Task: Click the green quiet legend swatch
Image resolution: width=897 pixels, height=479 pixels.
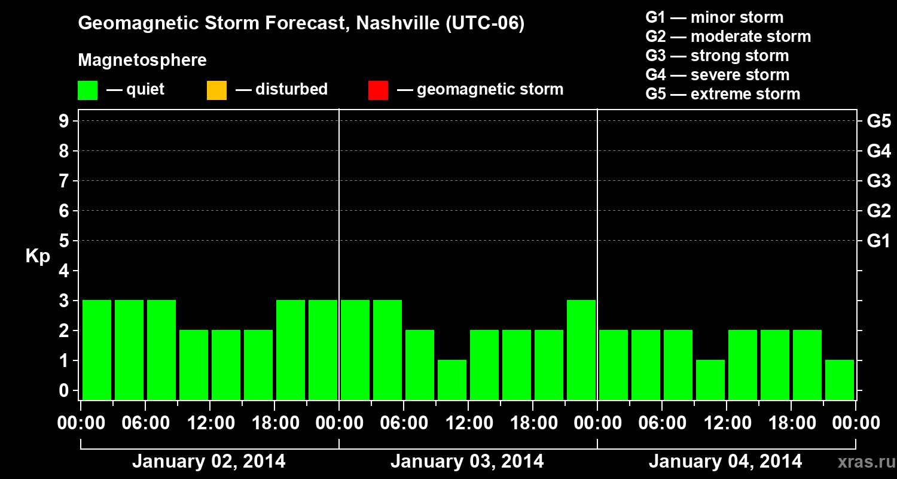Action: coord(87,90)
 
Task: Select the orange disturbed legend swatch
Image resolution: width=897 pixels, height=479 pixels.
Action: coord(216,90)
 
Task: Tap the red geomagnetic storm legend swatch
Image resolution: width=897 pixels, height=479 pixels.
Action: coord(378,90)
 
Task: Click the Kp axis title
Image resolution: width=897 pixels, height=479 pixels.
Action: coord(38,256)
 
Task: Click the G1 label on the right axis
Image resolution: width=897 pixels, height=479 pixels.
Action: coord(878,241)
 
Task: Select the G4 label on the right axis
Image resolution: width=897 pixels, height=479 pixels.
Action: coord(878,151)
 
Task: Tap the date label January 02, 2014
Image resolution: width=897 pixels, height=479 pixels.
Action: coord(209,462)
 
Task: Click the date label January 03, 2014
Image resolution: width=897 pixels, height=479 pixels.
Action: coord(467,462)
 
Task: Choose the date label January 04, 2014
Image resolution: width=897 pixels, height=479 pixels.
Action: coord(725,462)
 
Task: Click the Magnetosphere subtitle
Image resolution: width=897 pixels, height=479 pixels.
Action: coord(142,60)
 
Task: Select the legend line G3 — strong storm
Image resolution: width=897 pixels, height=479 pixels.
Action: coord(717,56)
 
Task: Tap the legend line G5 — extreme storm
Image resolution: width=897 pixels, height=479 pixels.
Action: coord(722,94)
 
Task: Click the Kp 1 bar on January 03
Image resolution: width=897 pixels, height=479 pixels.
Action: coord(452,380)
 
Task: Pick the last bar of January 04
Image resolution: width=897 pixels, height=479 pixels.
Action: coord(840,380)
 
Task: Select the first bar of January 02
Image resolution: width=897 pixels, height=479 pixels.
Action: coord(97,350)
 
